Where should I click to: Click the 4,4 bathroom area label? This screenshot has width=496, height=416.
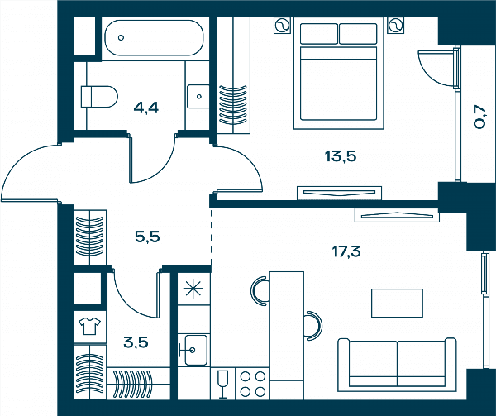(145, 108)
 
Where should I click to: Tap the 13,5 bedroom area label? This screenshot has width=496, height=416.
(341, 156)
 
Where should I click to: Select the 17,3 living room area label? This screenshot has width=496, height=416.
(346, 251)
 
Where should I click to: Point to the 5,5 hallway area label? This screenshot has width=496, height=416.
(147, 237)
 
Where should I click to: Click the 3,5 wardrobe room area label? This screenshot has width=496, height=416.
(136, 342)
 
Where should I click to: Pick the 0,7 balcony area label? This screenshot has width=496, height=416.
(479, 117)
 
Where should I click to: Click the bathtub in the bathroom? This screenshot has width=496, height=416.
(155, 38)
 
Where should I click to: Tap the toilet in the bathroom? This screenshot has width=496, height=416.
(99, 97)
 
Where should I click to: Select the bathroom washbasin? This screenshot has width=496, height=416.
(198, 96)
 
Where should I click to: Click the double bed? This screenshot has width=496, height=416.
(338, 73)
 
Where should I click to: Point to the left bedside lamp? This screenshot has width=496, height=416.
(283, 26)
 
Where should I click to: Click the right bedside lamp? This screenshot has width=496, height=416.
(395, 25)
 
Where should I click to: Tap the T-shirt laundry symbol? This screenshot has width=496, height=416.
(89, 326)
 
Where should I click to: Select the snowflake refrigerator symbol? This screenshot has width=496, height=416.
(193, 289)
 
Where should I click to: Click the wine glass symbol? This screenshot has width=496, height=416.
(222, 384)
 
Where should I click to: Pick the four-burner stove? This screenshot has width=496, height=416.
(252, 384)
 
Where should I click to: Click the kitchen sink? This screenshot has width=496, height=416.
(193, 350)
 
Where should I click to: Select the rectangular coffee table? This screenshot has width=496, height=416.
(397, 303)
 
